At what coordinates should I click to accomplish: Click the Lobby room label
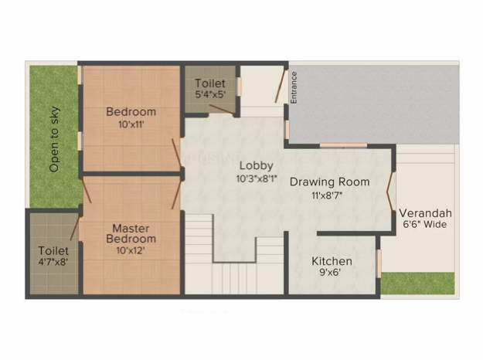257,166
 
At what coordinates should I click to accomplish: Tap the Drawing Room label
329,182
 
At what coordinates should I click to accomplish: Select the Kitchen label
332,261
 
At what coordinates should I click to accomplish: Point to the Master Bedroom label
131,234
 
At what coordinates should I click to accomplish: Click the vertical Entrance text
294,88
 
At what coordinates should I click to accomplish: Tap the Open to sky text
54,139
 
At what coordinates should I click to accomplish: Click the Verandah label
425,213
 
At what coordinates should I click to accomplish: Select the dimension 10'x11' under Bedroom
131,124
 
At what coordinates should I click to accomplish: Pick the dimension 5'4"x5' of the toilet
210,94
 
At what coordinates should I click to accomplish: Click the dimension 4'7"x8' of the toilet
53,262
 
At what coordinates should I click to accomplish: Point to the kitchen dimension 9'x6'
330,273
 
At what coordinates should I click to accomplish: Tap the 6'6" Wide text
425,224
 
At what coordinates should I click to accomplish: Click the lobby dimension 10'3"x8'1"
257,178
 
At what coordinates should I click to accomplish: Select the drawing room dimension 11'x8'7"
327,195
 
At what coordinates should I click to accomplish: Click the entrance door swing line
280,87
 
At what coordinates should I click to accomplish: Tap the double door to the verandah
390,192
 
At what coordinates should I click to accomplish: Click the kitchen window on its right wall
379,263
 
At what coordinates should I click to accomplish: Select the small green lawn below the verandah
417,283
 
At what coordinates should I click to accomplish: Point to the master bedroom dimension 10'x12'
131,250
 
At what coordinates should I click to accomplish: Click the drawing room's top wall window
343,145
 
